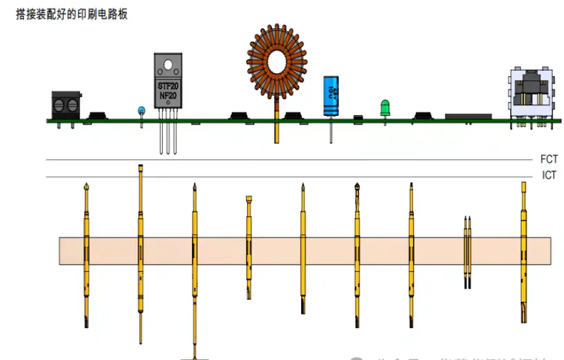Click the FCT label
(x=549, y=159)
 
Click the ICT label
(x=549, y=176)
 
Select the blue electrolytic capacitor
(x=332, y=96)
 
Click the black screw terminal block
(x=66, y=105)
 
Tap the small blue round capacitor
(x=141, y=110)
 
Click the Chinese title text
(x=71, y=14)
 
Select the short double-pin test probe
(x=468, y=251)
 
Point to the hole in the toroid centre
(x=277, y=59)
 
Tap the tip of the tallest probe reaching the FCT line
(x=140, y=167)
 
